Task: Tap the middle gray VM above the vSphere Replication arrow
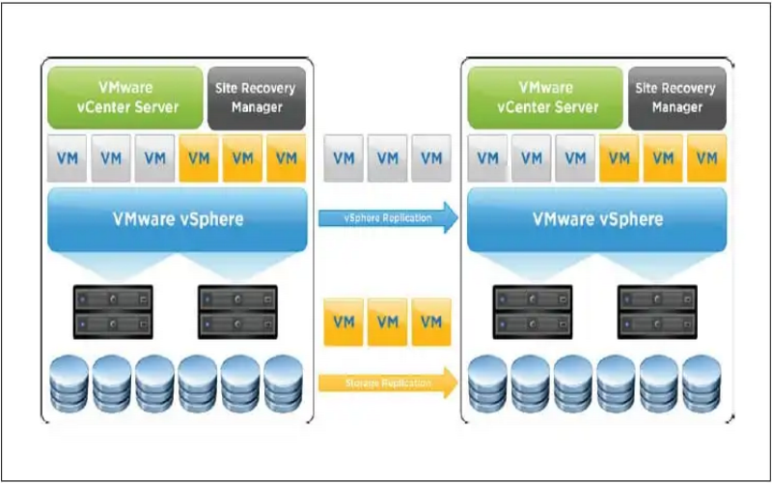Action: tap(388, 157)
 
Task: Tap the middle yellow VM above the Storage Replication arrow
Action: tap(388, 322)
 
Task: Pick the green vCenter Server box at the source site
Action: tap(124, 97)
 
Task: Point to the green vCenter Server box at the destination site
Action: tap(545, 97)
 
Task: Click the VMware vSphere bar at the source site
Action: tap(175, 219)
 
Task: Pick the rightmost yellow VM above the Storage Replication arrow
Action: tap(431, 322)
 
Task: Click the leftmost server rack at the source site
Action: tap(113, 311)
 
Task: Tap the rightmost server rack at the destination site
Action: tap(656, 311)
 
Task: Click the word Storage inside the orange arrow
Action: tap(364, 384)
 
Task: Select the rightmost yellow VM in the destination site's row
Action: tap(707, 158)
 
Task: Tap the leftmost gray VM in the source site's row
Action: tap(67, 158)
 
